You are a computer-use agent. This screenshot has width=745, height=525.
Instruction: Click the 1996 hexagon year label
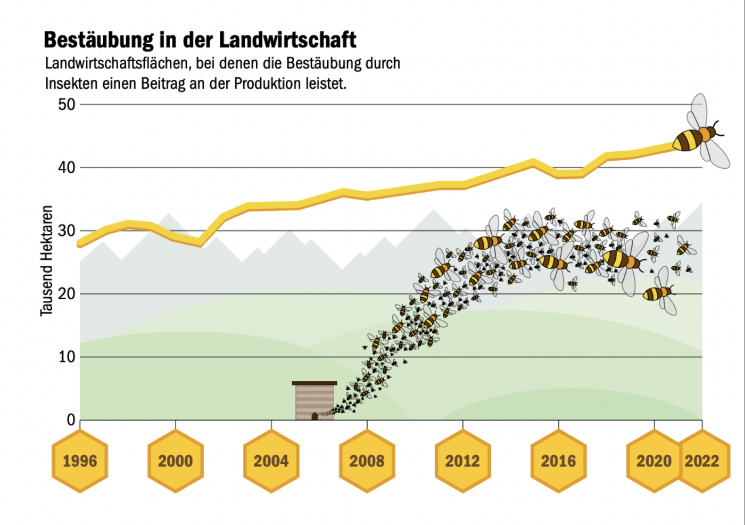tap(80, 461)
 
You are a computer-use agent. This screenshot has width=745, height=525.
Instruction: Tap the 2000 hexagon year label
tap(176, 461)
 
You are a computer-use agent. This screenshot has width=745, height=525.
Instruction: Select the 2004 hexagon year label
tap(271, 461)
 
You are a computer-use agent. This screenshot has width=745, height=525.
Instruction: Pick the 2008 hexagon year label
tap(367, 461)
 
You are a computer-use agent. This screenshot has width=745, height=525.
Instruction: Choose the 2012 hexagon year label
tap(463, 461)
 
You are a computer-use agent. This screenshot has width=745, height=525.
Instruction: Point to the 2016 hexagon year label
tap(559, 461)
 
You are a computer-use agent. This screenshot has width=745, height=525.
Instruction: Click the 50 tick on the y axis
tap(67, 104)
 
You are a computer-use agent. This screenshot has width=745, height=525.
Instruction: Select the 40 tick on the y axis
tap(67, 168)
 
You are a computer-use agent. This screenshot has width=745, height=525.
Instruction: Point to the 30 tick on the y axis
tap(67, 231)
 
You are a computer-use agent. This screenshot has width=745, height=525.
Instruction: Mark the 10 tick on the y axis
tap(67, 357)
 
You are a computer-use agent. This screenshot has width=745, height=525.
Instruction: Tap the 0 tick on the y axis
tap(71, 420)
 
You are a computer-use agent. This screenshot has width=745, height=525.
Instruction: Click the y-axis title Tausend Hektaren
tap(47, 261)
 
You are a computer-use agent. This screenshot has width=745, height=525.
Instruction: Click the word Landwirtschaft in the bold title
tap(287, 40)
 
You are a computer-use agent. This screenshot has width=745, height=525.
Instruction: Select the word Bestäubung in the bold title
tap(98, 40)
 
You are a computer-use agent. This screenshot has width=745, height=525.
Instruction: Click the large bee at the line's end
tap(697, 136)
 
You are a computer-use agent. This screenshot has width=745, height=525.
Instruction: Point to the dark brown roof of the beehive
tap(314, 383)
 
